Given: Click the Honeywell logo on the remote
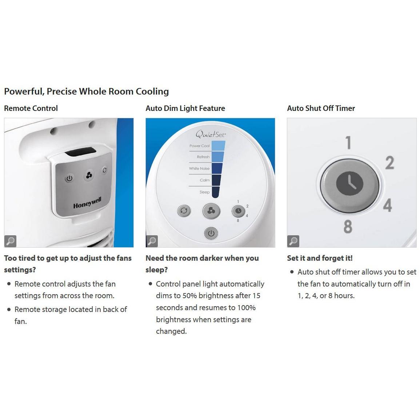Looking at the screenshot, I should pyautogui.click(x=87, y=203).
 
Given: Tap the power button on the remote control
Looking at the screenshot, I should pyautogui.click(x=69, y=179).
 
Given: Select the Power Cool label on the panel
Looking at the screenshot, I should pyautogui.click(x=199, y=146).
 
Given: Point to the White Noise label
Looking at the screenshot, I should pyautogui.click(x=199, y=169).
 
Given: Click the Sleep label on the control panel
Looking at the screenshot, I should pyautogui.click(x=204, y=192).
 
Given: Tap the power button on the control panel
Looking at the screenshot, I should pyautogui.click(x=211, y=233).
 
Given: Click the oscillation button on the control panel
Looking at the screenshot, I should pyautogui.click(x=184, y=211).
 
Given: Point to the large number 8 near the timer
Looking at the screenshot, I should pyautogui.click(x=348, y=226).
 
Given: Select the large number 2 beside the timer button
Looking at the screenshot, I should pyautogui.click(x=389, y=163).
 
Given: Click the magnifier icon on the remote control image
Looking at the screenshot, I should pyautogui.click(x=11, y=241).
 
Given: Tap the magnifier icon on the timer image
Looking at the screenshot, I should pyautogui.click(x=293, y=241).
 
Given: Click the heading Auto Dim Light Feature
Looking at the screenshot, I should pyautogui.click(x=185, y=108).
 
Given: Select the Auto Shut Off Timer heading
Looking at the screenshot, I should pyautogui.click(x=321, y=108).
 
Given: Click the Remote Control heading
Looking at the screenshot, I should pyautogui.click(x=31, y=108).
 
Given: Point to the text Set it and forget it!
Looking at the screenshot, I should pyautogui.click(x=320, y=258).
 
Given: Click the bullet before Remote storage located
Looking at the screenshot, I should pyautogui.click(x=9, y=309).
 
